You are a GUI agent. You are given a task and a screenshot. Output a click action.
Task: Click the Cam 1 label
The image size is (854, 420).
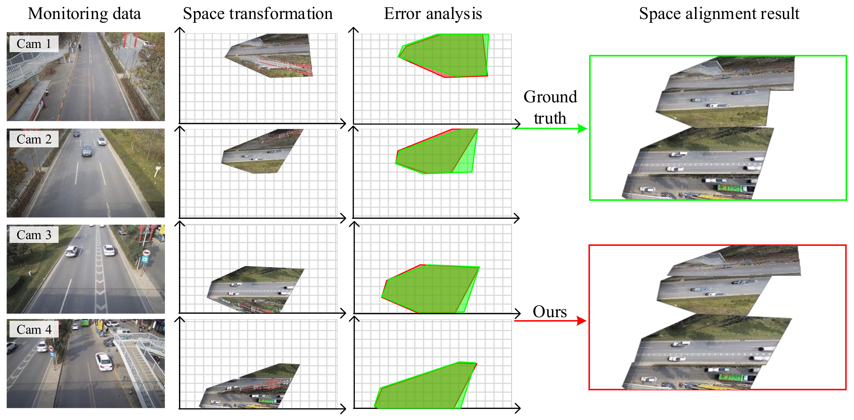[34, 44]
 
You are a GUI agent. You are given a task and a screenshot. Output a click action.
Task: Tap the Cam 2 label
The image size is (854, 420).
[34, 139]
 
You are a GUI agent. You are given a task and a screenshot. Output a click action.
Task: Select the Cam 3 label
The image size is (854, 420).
[34, 235]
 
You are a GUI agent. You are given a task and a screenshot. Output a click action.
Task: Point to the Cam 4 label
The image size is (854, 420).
[34, 330]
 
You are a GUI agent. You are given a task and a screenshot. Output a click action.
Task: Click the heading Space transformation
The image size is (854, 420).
[258, 14]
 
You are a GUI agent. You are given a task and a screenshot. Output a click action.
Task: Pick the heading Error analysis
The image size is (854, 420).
[433, 14]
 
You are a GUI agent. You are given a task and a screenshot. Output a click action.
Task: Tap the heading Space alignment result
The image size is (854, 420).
[719, 14]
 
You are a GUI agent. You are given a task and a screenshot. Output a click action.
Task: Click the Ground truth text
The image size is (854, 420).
[550, 107]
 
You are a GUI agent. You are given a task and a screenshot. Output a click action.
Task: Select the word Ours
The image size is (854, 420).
[550, 312]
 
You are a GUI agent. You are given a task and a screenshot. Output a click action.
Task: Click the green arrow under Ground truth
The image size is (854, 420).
[550, 128]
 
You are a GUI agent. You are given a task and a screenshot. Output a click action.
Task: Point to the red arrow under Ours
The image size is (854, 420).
[550, 321]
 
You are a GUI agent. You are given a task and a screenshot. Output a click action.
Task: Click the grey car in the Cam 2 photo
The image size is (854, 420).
[87, 150]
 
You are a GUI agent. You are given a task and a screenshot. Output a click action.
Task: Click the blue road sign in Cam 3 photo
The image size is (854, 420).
[145, 259]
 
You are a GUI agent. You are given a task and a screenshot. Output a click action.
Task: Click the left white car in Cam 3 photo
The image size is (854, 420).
[72, 251]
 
